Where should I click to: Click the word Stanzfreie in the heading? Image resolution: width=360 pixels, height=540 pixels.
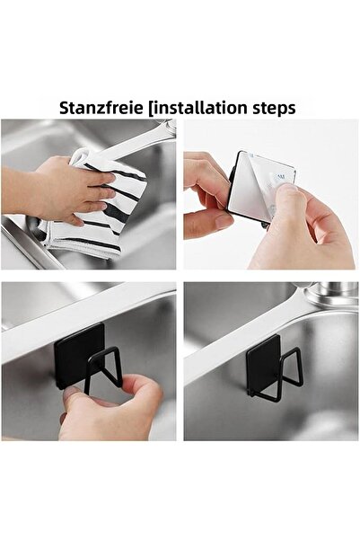tap(101, 108)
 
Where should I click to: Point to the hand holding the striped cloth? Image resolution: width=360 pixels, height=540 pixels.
tap(58, 190)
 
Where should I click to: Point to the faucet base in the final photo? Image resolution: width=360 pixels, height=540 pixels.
tap(332, 293)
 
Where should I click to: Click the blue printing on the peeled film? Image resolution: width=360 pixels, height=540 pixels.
tap(280, 177)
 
